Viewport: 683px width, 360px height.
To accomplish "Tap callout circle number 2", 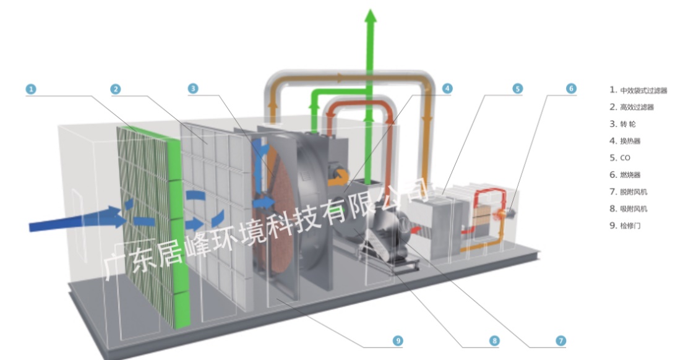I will click(x=115, y=89).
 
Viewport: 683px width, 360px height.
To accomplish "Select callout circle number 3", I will click(x=193, y=89).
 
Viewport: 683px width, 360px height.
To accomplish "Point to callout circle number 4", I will click(x=447, y=88).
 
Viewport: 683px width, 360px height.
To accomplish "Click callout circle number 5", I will click(x=518, y=88).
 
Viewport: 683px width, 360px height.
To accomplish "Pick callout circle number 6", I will click(x=571, y=88).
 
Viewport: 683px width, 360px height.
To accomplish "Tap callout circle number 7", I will click(x=561, y=340).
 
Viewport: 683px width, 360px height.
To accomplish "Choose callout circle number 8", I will click(x=494, y=340).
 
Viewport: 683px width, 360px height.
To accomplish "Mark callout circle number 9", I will click(x=398, y=340).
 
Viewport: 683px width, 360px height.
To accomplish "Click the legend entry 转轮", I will click(x=631, y=124).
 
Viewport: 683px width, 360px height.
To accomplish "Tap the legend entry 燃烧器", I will click(x=633, y=175).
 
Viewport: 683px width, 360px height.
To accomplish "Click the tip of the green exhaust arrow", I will click(x=371, y=11).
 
